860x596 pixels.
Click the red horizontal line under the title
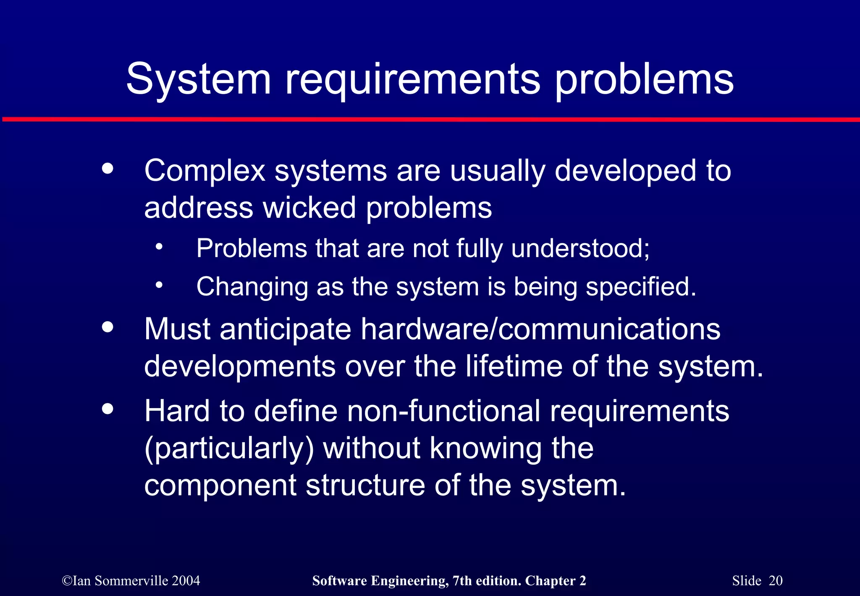[x=430, y=120]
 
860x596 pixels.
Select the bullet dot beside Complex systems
[x=108, y=169]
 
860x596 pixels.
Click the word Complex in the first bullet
[x=205, y=171]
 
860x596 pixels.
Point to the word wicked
[x=309, y=208]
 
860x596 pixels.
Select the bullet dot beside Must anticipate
[x=108, y=327]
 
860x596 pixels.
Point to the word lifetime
[x=514, y=366]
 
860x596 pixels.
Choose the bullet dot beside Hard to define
[x=108, y=409]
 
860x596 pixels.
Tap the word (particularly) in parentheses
[x=229, y=448]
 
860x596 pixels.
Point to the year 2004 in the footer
[x=186, y=581]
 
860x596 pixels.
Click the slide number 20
[x=776, y=581]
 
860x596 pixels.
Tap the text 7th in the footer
[x=461, y=581]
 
